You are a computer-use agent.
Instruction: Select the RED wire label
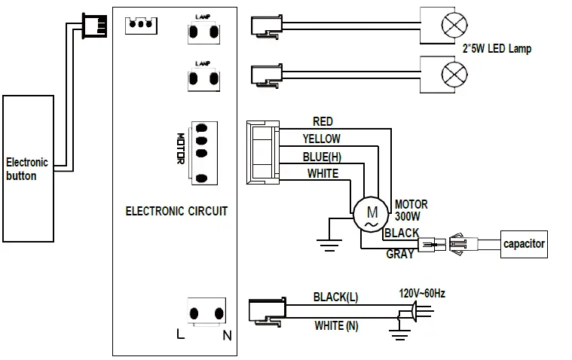[323, 121]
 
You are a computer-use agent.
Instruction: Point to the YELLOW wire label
[321, 139]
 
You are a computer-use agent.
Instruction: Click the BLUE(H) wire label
[322, 157]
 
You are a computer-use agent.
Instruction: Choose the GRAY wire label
[400, 254]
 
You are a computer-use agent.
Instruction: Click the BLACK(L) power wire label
[335, 297]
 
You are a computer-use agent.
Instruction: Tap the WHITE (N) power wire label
[336, 325]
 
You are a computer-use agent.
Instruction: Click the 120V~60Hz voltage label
[422, 293]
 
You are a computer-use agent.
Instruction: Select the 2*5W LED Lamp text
[497, 48]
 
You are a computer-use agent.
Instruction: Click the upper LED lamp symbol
[454, 25]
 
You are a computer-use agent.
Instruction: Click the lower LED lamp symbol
[454, 74]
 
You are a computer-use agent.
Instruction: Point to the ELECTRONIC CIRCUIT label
[176, 211]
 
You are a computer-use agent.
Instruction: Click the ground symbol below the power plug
[400, 334]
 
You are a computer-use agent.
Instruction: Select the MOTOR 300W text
[411, 210]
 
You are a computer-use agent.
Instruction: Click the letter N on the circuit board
[227, 335]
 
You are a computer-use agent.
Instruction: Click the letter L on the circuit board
[180, 334]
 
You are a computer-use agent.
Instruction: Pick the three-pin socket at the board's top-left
[141, 26]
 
